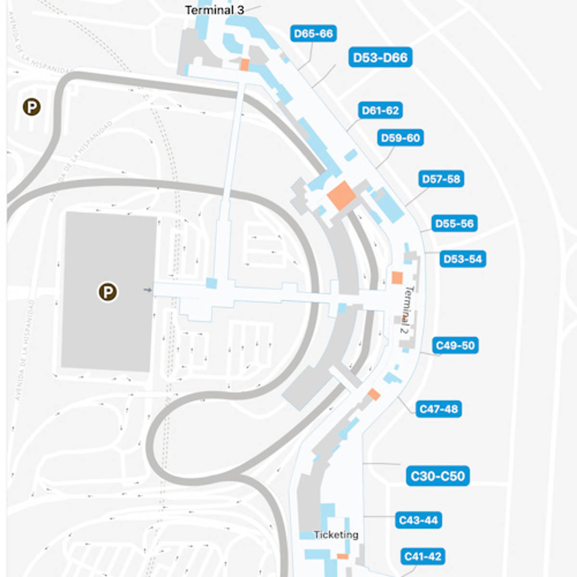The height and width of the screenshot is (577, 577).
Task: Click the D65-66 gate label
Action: click(314, 34)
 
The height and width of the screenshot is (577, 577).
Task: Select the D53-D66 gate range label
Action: click(380, 58)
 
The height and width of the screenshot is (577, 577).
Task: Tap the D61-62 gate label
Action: click(380, 111)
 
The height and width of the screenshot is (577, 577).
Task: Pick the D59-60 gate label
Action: click(400, 138)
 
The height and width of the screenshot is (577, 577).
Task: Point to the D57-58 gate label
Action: click(441, 179)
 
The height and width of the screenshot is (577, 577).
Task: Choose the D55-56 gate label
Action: click(454, 224)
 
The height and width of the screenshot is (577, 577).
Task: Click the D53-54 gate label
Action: click(463, 259)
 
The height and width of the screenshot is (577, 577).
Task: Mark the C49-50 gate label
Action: click(455, 345)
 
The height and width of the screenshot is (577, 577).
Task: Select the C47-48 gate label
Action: click(439, 409)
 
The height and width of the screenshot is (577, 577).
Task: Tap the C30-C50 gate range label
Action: click(438, 476)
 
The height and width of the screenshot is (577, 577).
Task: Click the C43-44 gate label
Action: click(418, 520)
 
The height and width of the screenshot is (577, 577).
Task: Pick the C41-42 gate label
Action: click(423, 556)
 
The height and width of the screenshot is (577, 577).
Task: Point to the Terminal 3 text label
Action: click(214, 10)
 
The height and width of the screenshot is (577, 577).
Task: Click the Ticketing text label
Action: click(336, 535)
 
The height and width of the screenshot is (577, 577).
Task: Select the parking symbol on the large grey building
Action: click(108, 292)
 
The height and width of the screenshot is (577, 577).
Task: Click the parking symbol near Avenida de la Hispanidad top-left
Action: click(32, 107)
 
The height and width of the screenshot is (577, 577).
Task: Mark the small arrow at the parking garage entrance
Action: click(148, 290)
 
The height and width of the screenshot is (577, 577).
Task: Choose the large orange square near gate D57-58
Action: click(341, 195)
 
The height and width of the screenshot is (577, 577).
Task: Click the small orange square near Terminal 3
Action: click(245, 65)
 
